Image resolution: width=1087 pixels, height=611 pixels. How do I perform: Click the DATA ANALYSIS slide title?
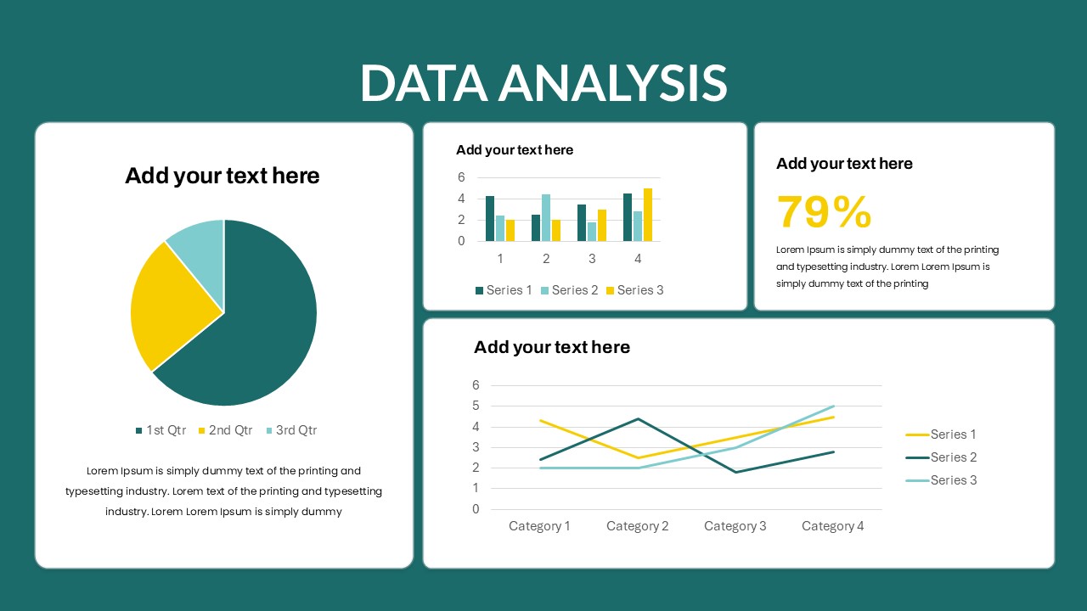pyautogui.click(x=543, y=82)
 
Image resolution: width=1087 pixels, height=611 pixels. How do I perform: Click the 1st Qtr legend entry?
pyautogui.click(x=161, y=430)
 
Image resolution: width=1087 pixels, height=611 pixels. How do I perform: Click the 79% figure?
pyautogui.click(x=824, y=212)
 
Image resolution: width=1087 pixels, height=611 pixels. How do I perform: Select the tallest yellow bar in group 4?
pyautogui.click(x=648, y=216)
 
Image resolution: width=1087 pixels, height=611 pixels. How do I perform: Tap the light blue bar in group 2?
pyautogui.click(x=546, y=218)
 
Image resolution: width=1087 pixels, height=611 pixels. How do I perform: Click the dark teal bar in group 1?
pyautogui.click(x=490, y=219)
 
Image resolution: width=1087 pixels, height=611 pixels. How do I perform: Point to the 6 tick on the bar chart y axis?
pyautogui.click(x=461, y=177)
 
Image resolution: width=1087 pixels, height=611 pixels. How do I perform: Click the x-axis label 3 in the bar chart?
pyautogui.click(x=592, y=259)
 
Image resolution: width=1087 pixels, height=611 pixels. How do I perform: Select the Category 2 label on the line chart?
pyautogui.click(x=637, y=526)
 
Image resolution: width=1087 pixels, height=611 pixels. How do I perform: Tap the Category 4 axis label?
pyautogui.click(x=832, y=526)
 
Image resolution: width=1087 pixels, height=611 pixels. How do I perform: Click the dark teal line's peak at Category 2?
pyautogui.click(x=638, y=419)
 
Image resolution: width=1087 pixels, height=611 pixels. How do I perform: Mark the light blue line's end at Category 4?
pyautogui.click(x=834, y=406)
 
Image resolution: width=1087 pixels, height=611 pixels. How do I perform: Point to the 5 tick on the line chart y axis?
pyautogui.click(x=476, y=406)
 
